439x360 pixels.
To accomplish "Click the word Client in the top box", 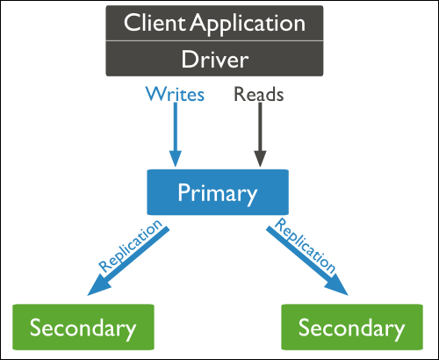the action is tap(155, 23).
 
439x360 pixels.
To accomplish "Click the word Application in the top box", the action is tap(248, 25).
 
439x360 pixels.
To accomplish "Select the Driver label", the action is tap(215, 59).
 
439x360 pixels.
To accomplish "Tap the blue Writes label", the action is tap(175, 94).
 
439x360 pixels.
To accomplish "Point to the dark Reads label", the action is tap(259, 94).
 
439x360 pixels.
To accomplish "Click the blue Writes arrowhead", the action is tap(176, 158).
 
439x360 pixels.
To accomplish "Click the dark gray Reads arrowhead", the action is tap(260, 158).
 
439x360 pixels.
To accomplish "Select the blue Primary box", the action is tap(218, 192).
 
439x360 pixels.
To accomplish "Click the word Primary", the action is tap(218, 194).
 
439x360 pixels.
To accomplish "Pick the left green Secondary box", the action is tap(83, 327).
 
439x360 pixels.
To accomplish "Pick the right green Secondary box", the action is tap(352, 327).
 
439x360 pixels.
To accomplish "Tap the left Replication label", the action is tap(130, 245).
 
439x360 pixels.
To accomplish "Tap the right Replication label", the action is tap(306, 245).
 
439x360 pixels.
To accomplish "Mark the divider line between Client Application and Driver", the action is tap(214, 40).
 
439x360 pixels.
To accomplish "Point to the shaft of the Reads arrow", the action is tap(260, 126).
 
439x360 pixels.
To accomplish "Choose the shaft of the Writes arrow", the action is tap(176, 126).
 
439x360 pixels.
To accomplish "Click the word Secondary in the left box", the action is tap(83, 328).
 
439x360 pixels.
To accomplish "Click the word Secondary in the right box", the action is tap(351, 328).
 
